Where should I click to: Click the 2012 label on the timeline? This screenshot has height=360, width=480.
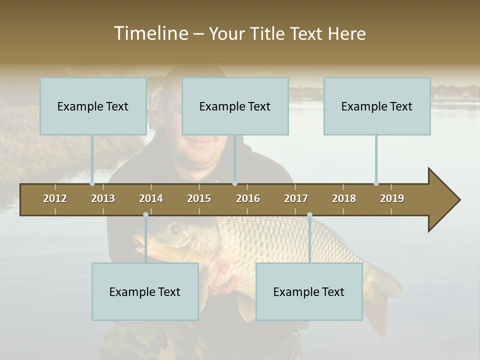pyautogui.click(x=55, y=198)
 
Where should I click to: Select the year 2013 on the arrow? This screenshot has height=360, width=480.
pyautogui.click(x=103, y=198)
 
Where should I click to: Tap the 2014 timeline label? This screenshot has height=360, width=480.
pyautogui.click(x=151, y=198)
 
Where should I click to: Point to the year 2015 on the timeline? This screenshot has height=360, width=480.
pyautogui.click(x=199, y=198)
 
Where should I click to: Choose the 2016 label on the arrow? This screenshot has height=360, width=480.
pyautogui.click(x=248, y=198)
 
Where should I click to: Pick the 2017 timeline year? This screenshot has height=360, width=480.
pyautogui.click(x=296, y=198)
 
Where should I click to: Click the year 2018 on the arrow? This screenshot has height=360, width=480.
pyautogui.click(x=344, y=198)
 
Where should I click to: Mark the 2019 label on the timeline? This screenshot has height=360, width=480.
pyautogui.click(x=392, y=198)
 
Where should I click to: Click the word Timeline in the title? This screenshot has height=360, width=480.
pyautogui.click(x=150, y=33)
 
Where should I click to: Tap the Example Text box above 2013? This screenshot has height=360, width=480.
pyautogui.click(x=93, y=106)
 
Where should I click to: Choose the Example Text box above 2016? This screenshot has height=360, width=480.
pyautogui.click(x=235, y=106)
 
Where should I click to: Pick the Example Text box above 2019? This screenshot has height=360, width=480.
pyautogui.click(x=377, y=106)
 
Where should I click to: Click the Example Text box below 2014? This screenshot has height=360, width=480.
pyautogui.click(x=145, y=291)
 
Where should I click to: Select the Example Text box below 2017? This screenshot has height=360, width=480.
pyautogui.click(x=309, y=291)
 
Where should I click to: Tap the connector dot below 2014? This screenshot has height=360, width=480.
pyautogui.click(x=145, y=214)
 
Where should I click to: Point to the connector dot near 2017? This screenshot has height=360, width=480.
pyautogui.click(x=309, y=214)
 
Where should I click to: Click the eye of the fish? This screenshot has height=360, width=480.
pyautogui.click(x=175, y=229)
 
